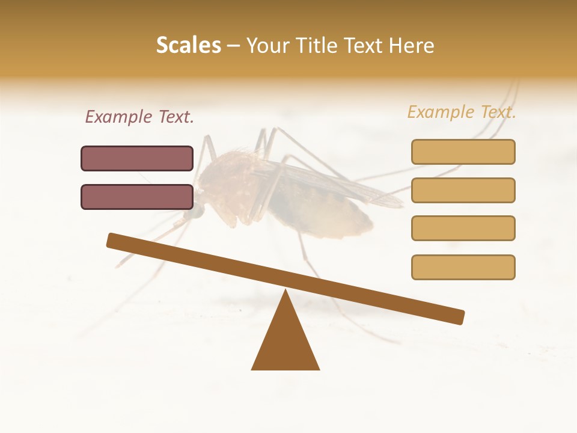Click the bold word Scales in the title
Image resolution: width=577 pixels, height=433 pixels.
188,45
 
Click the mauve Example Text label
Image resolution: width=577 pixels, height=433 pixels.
139,117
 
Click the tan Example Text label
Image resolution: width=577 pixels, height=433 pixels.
462,112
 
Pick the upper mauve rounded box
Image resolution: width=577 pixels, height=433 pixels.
137,158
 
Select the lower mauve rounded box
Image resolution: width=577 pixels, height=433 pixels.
137,197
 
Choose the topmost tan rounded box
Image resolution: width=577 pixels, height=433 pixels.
463,152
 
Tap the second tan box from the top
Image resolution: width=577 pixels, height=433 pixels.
463,190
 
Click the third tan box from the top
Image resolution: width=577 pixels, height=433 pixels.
463,228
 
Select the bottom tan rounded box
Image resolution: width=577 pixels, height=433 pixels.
463,267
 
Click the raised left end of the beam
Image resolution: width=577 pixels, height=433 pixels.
113,240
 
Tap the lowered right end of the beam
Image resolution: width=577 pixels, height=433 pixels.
458,317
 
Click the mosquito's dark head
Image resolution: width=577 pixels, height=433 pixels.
195,211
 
